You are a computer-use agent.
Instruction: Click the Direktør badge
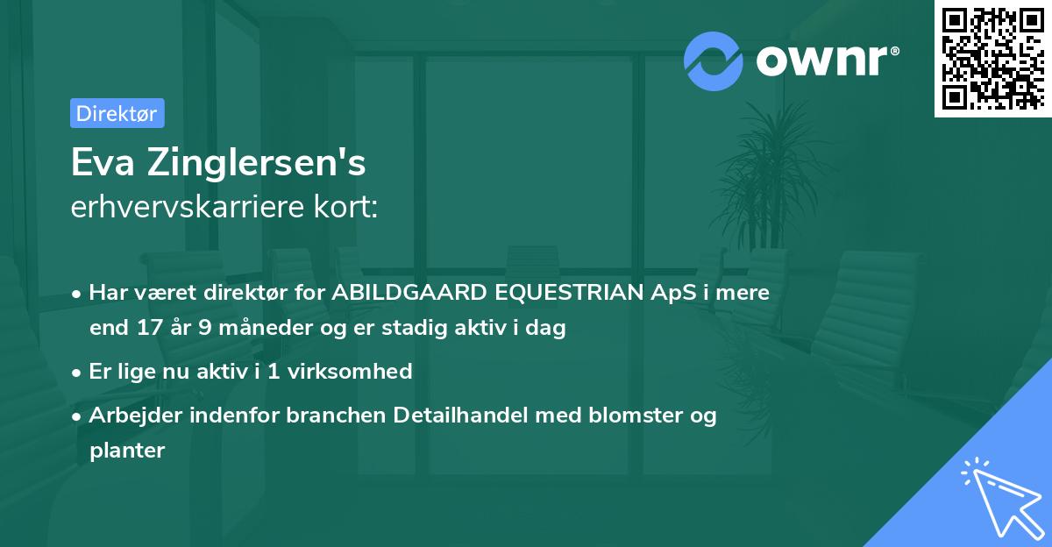pyautogui.click(x=117, y=113)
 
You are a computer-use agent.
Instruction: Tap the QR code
pyautogui.click(x=993, y=59)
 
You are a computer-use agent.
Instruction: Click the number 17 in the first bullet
pyautogui.click(x=147, y=329)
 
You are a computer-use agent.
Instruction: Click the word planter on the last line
pyautogui.click(x=127, y=451)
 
